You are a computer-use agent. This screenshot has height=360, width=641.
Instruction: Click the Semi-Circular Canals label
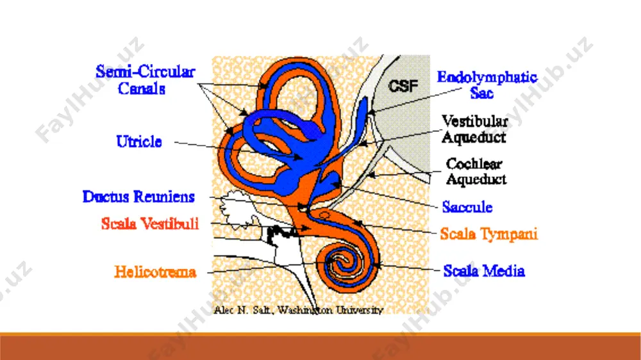tap(145, 80)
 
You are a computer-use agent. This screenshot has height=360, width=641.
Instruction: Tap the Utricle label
tap(139, 142)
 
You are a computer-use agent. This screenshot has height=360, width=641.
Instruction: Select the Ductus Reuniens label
tap(138, 197)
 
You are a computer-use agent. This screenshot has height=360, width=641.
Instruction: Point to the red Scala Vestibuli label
tap(150, 224)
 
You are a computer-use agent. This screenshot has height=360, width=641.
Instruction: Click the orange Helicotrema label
tap(155, 272)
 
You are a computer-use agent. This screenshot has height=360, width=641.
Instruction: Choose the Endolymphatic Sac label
tap(487, 85)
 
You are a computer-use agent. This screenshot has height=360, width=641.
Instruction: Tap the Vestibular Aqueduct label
tap(474, 129)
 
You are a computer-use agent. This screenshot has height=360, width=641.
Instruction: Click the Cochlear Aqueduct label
tap(476, 171)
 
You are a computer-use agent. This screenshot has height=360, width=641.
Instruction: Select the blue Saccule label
tap(467, 207)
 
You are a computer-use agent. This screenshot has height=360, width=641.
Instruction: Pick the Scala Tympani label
tap(488, 234)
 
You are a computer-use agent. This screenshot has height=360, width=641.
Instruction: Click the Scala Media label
tap(484, 270)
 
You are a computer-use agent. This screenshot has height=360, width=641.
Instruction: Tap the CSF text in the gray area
tap(403, 86)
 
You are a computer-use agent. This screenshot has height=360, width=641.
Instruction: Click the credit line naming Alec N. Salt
tap(299, 310)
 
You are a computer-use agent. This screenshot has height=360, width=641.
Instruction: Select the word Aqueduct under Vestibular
tap(474, 137)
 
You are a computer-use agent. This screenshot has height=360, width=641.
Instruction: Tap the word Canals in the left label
tap(142, 88)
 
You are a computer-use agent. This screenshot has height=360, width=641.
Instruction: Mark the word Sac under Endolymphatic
tap(481, 93)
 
